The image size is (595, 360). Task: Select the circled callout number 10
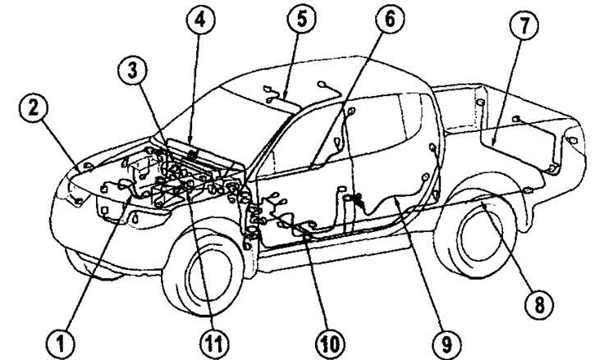(326, 337)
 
